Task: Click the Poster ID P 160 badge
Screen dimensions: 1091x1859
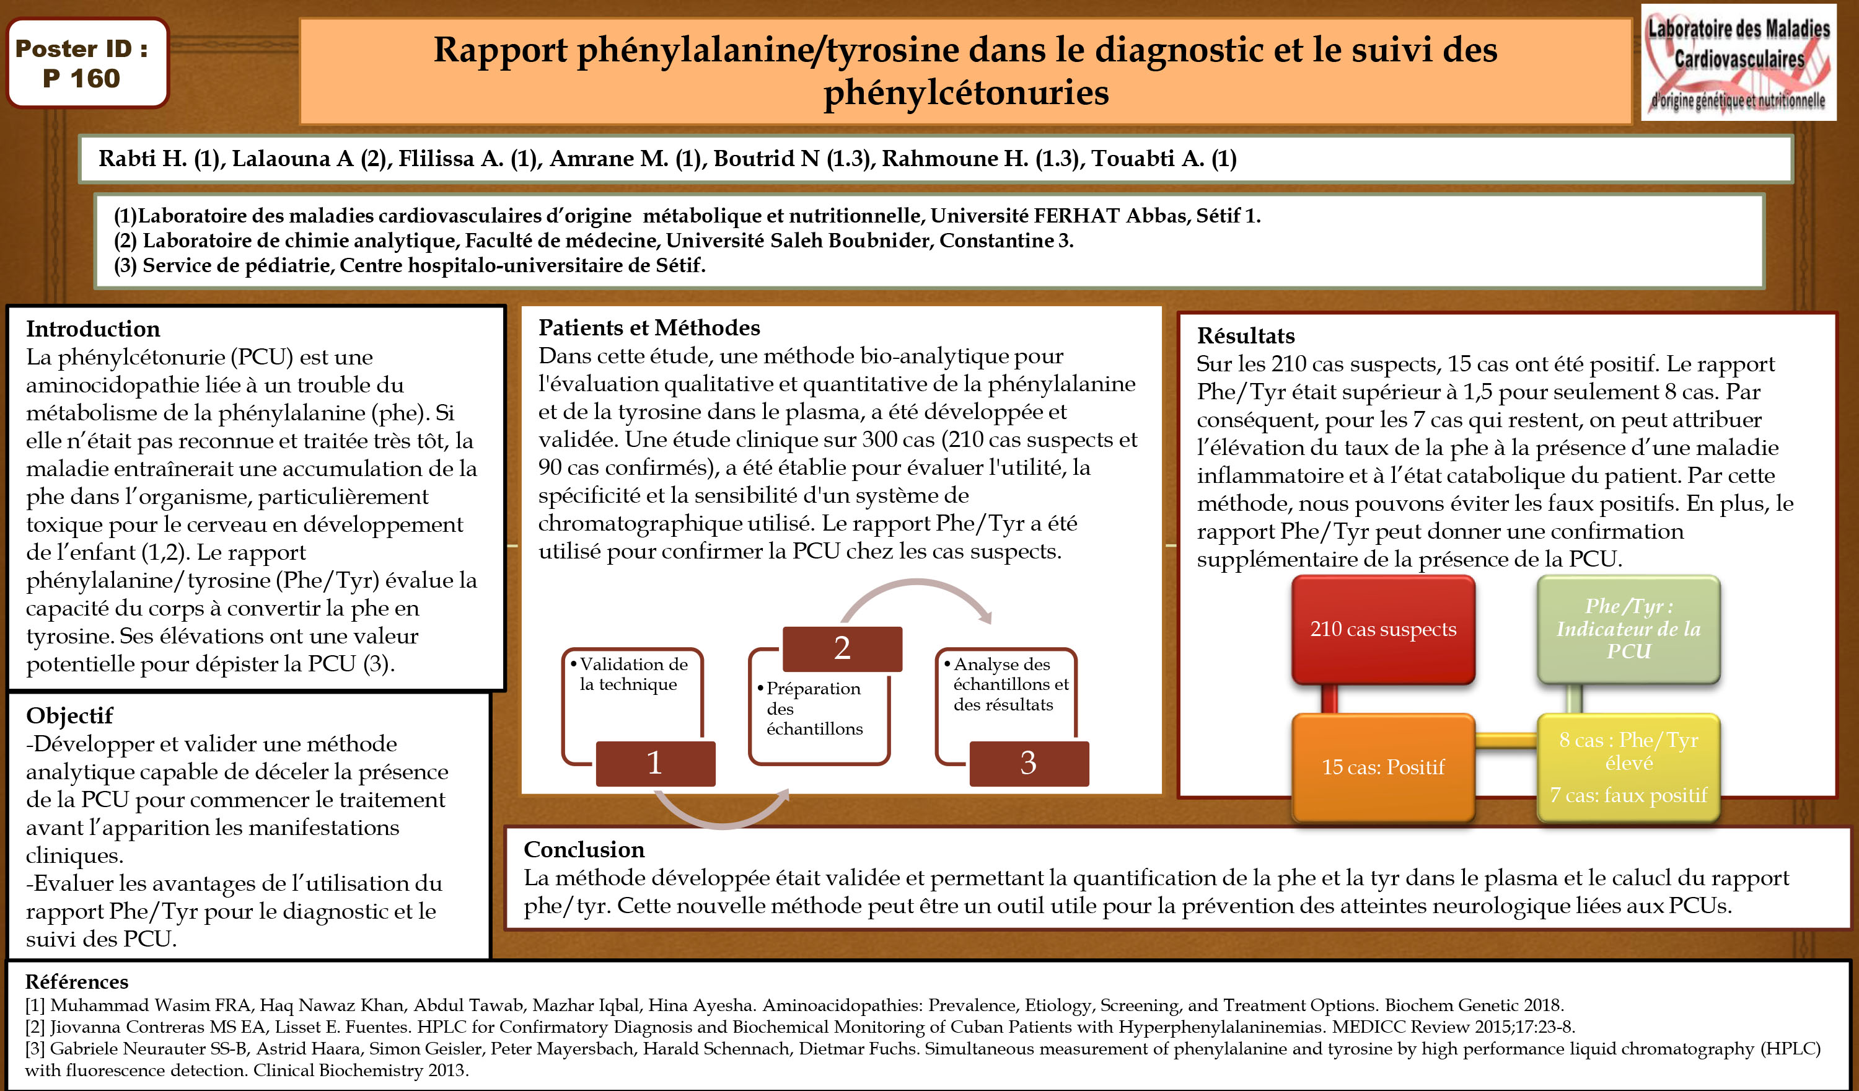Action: pos(87,63)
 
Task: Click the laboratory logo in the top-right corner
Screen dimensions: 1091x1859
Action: pos(1738,63)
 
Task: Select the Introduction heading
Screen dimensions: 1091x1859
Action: pos(93,329)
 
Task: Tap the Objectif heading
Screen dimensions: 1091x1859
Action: pos(69,715)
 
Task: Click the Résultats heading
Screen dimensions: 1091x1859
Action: pos(1246,336)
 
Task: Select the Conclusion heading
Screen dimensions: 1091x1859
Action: pos(584,850)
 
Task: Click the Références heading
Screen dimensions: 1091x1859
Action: pos(77,982)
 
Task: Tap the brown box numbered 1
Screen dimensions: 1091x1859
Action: pos(654,763)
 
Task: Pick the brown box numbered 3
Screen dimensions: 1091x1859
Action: pos(1029,763)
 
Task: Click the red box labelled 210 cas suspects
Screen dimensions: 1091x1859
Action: pos(1382,630)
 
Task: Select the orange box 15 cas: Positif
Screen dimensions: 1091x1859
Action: pos(1382,767)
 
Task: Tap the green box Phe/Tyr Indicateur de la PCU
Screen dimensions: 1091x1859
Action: pos(1628,629)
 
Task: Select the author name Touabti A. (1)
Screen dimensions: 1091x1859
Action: pos(1163,159)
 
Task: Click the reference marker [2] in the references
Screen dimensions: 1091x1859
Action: pos(35,1027)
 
